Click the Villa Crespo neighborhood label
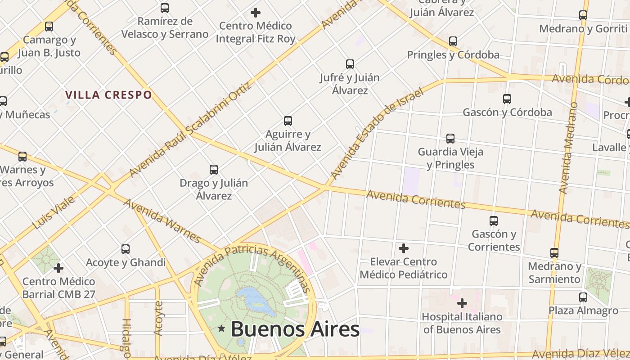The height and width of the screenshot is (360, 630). pyautogui.click(x=108, y=95)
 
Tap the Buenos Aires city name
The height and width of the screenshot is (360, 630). pyautogui.click(x=295, y=329)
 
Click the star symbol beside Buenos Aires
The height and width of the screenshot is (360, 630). pyautogui.click(x=221, y=329)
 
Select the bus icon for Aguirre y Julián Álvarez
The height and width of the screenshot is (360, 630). pyautogui.click(x=288, y=121)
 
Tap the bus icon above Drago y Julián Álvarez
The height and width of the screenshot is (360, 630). pyautogui.click(x=214, y=170)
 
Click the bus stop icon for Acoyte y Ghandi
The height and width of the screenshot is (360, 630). pyautogui.click(x=126, y=249)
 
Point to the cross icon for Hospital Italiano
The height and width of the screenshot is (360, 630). pyautogui.click(x=462, y=303)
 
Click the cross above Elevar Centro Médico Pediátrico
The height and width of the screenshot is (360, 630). pyautogui.click(x=404, y=248)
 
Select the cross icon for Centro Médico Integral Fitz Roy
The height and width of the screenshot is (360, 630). pyautogui.click(x=256, y=12)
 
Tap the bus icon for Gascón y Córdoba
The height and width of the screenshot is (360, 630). pyautogui.click(x=507, y=99)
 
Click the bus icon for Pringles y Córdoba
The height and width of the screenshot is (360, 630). pyautogui.click(x=453, y=41)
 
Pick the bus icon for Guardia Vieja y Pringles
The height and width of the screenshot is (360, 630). pyautogui.click(x=450, y=139)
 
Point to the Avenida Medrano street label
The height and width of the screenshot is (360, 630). pyautogui.click(x=568, y=148)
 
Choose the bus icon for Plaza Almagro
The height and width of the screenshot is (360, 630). pyautogui.click(x=583, y=297)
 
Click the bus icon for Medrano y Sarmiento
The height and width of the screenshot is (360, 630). pyautogui.click(x=554, y=253)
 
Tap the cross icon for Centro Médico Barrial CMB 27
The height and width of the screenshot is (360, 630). pyautogui.click(x=58, y=269)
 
